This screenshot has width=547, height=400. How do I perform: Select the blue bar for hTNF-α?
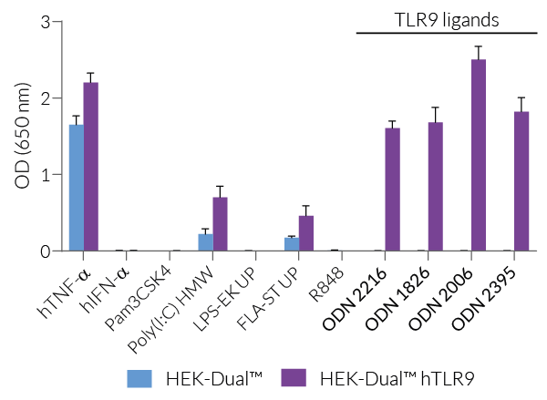(77, 188)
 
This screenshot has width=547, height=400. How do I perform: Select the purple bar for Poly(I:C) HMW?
(220, 224)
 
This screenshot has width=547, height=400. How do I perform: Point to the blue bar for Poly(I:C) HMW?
(205, 242)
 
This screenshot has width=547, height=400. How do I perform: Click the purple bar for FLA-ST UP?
(306, 233)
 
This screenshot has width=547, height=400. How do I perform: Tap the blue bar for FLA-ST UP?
(292, 244)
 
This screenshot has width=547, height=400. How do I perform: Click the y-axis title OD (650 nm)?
(21, 137)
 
